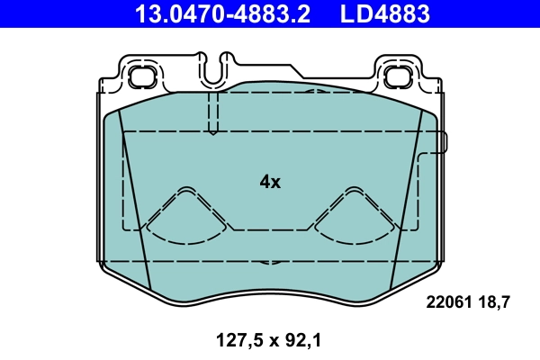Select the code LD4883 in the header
pos(384,13)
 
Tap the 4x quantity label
pos(270,182)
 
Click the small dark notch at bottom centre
pos(269,264)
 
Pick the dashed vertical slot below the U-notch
pos(213,112)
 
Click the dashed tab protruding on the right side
pos(438,141)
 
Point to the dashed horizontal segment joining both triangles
pos(270,229)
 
